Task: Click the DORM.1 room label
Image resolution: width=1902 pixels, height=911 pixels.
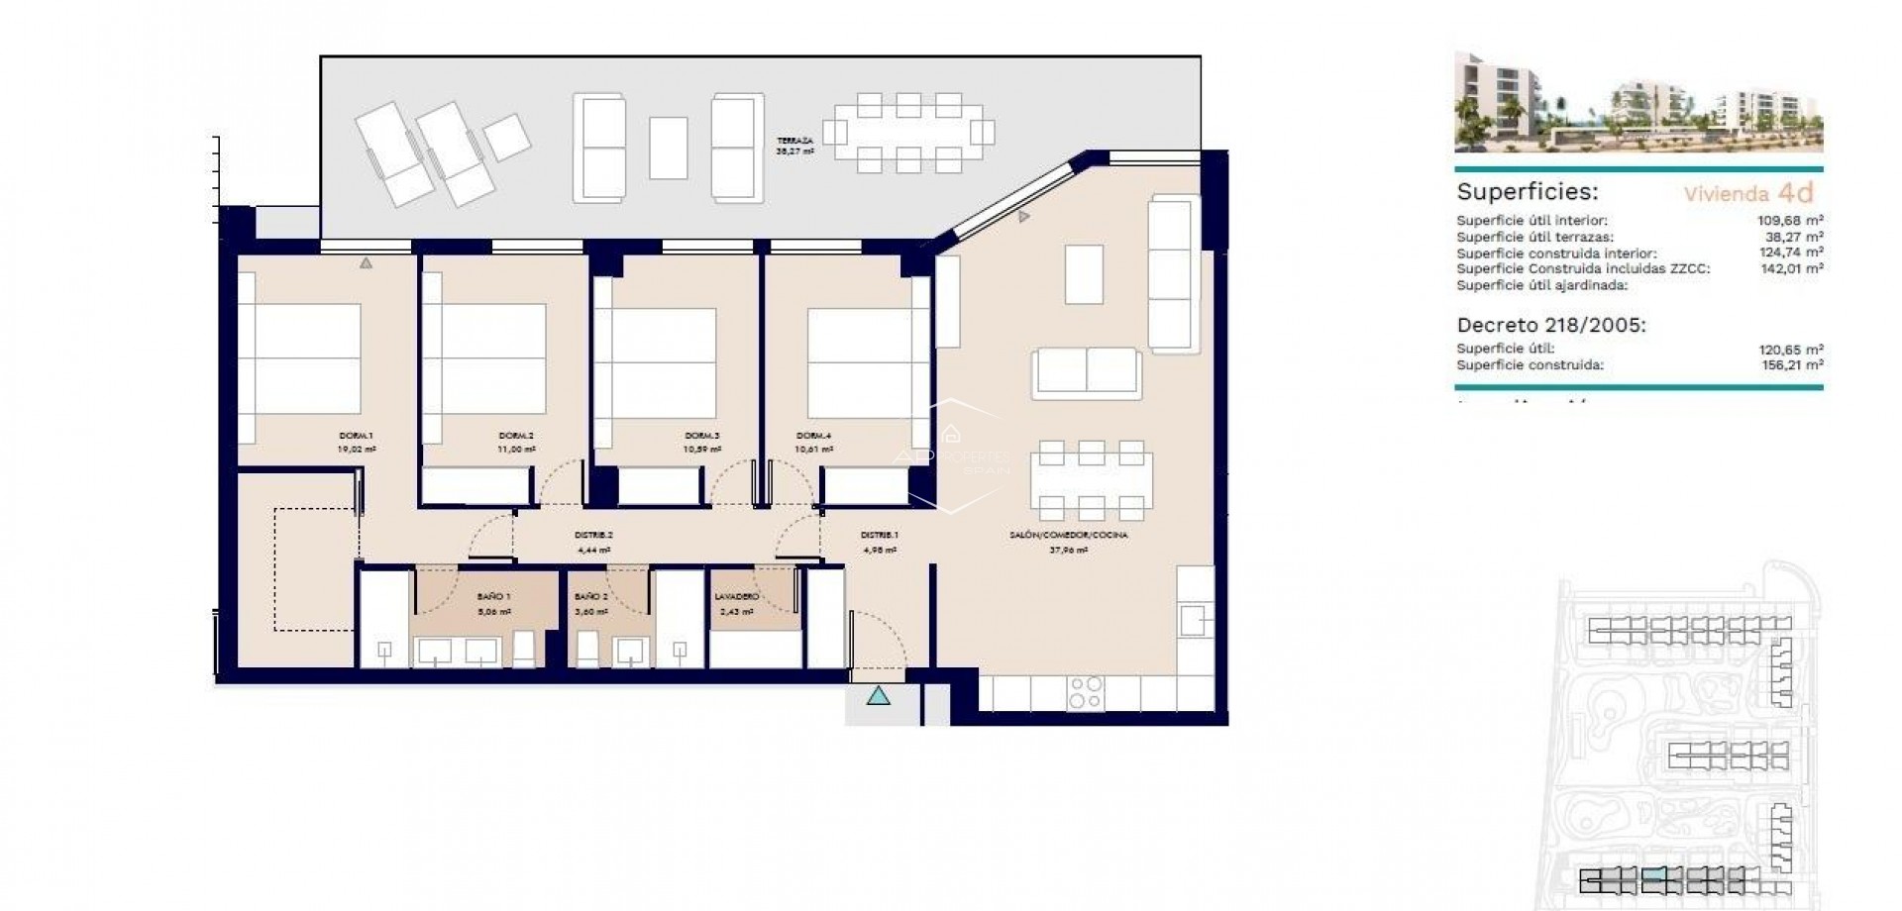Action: [357, 436]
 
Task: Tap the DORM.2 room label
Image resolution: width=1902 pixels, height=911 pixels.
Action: [516, 436]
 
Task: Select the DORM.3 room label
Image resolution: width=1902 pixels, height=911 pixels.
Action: [701, 436]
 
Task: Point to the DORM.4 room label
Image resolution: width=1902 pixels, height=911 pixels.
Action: [813, 436]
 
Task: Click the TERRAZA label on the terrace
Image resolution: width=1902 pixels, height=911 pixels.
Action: [794, 141]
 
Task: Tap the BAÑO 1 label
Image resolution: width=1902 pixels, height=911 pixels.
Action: [493, 597]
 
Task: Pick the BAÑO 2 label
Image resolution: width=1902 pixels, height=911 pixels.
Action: [590, 597]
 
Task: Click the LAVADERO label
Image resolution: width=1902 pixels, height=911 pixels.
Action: [736, 597]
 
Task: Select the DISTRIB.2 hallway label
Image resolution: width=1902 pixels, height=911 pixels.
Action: [593, 536]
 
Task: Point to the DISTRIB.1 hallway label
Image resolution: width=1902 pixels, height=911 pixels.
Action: [879, 536]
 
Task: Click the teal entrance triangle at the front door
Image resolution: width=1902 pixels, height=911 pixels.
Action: [879, 697]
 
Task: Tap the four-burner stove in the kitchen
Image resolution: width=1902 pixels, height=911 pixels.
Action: [1086, 692]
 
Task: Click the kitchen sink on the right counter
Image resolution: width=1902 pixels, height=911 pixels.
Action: [1196, 621]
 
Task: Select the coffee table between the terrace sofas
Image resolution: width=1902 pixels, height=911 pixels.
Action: [669, 149]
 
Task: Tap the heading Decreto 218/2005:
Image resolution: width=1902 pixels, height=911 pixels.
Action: [1551, 325]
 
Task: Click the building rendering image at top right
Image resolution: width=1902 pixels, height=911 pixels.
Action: [1638, 102]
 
